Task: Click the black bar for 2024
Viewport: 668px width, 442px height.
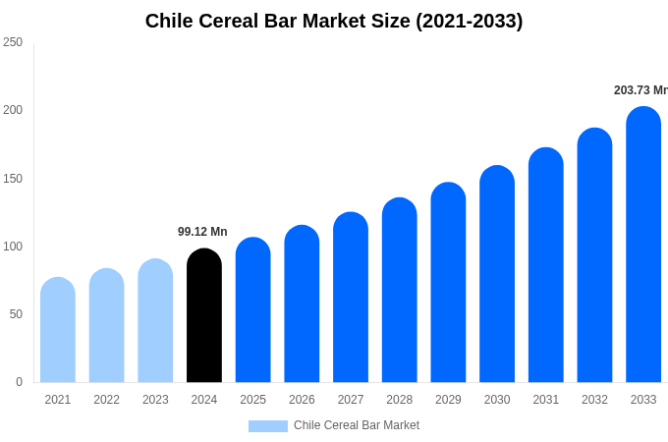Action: (x=204, y=316)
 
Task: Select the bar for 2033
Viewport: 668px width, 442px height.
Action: (x=643, y=246)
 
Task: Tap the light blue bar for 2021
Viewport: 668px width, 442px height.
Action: (x=58, y=331)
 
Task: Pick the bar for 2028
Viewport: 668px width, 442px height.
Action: (x=400, y=291)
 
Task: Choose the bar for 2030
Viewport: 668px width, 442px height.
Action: (x=497, y=275)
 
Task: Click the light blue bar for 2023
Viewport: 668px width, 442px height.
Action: (x=155, y=321)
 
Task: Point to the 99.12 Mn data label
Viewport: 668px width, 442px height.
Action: (x=202, y=232)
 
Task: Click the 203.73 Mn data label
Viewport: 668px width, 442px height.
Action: (x=640, y=90)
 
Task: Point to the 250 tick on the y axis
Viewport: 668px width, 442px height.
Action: (x=13, y=42)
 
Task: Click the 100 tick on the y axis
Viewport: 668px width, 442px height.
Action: (x=13, y=247)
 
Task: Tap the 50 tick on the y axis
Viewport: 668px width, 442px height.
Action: (x=16, y=314)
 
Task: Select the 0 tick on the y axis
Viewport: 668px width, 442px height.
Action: (x=19, y=382)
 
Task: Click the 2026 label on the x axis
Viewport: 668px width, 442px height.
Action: (x=302, y=400)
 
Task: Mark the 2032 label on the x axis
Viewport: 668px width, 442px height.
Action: (x=594, y=400)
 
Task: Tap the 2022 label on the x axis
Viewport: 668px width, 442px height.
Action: (x=106, y=400)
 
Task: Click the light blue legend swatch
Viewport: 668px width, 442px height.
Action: (x=267, y=426)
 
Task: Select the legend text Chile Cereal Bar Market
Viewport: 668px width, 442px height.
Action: (x=357, y=425)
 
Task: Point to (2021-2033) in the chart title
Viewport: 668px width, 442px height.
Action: (x=469, y=21)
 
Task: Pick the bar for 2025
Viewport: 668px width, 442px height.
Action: (x=252, y=310)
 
